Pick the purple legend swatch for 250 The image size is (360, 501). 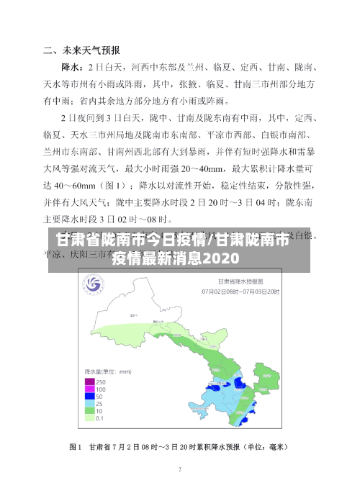pos(90,381)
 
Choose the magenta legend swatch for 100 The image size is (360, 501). pos(90,388)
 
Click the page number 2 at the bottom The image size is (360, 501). pos(180,469)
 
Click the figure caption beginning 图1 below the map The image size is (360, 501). pos(180,447)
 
